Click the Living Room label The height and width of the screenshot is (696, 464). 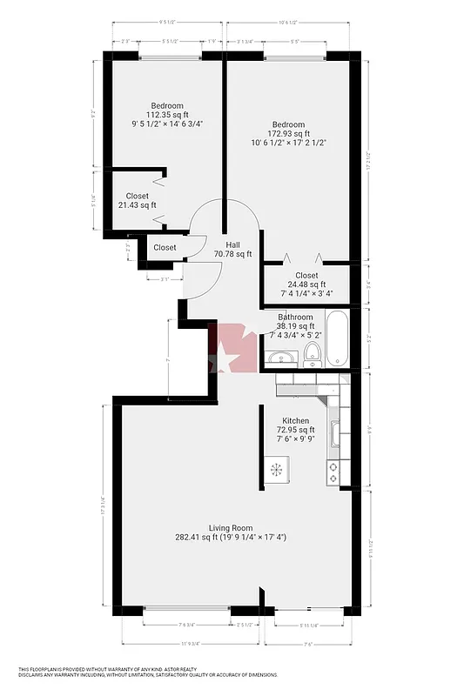[231, 527]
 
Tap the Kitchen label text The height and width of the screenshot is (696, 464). [295, 420]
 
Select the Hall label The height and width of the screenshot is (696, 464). [232, 244]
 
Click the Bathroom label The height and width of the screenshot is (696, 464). [295, 318]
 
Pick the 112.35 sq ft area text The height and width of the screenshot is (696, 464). [163, 115]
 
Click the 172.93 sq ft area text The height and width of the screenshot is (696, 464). [288, 133]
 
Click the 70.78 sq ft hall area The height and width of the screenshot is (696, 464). [232, 254]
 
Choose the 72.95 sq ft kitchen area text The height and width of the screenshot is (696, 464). [295, 430]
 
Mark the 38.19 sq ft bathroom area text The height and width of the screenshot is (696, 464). [295, 326]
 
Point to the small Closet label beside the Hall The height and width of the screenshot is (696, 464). [165, 248]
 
